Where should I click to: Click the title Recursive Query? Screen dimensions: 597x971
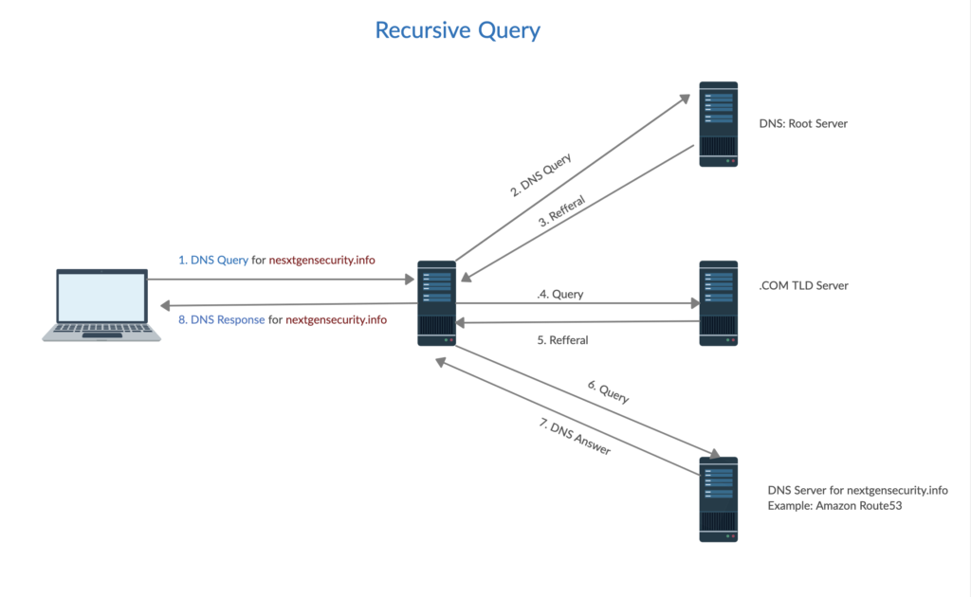[x=457, y=29]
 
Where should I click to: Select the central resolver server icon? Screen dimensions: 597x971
[x=436, y=301]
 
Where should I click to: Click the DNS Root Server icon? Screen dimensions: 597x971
[x=718, y=124]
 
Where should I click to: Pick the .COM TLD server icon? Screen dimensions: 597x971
[x=718, y=303]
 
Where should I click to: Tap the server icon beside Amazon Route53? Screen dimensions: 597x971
[x=718, y=498]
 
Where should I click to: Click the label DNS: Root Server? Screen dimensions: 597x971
[x=803, y=124]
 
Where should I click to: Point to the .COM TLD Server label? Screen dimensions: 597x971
[x=804, y=285]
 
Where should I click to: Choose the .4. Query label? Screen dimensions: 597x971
[x=559, y=294]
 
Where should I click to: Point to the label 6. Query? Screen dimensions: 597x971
[x=608, y=391]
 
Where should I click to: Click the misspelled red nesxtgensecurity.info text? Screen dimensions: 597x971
[x=322, y=259]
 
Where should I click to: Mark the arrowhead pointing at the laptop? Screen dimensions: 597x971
[x=164, y=304]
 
